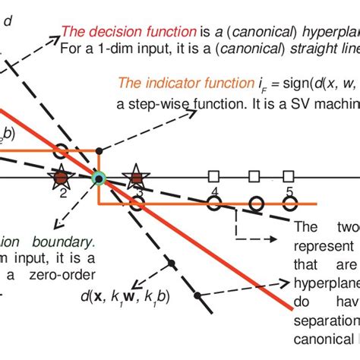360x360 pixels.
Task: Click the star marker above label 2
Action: [59, 178]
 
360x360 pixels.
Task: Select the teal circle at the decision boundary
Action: [98, 179]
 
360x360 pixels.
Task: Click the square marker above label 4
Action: [215, 177]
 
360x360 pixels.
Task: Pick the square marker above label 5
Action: [289, 177]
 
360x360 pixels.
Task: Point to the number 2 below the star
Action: [63, 194]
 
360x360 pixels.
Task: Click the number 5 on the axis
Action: [289, 191]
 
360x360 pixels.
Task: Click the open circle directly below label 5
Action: [289, 204]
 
